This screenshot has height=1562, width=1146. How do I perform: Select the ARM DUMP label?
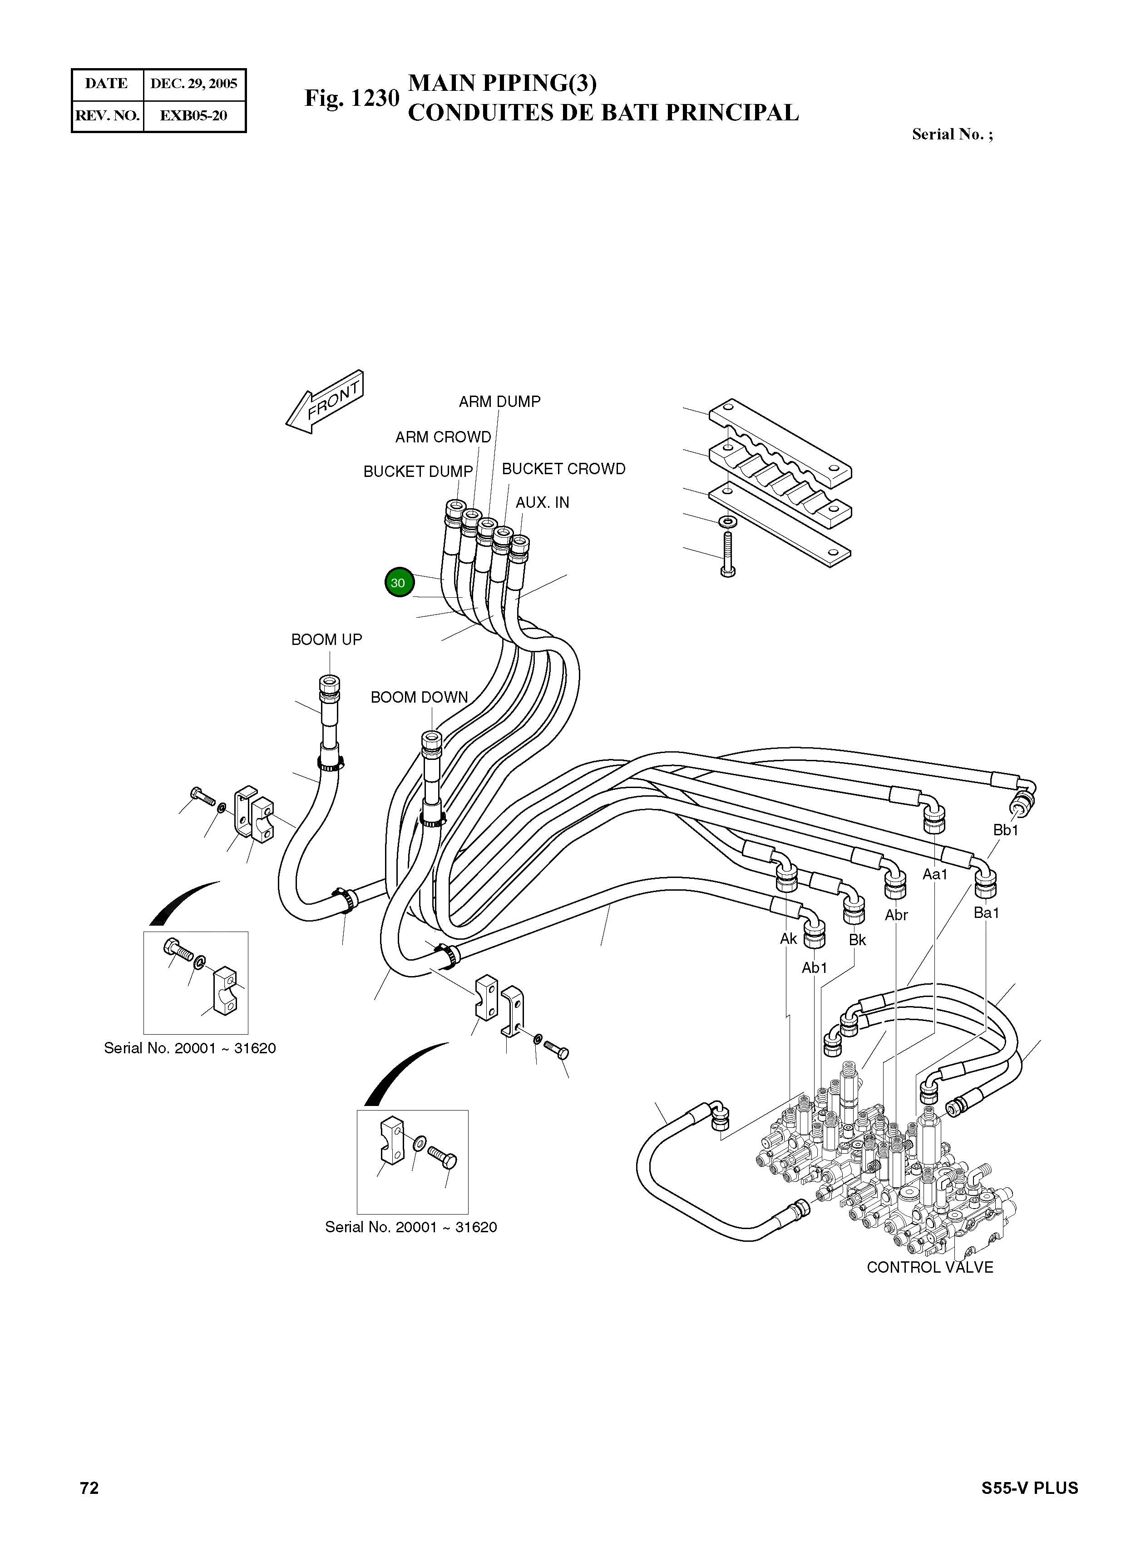click(499, 402)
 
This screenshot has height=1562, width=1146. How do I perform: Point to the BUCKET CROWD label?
click(563, 469)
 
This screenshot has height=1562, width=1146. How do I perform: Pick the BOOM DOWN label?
click(419, 697)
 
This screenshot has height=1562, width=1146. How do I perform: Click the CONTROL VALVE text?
click(929, 1268)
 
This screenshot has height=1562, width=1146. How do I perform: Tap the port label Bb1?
click(1005, 830)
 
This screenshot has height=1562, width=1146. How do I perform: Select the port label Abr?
click(896, 915)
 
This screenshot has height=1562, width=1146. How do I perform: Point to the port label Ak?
click(788, 939)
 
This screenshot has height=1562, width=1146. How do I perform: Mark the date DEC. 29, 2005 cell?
click(193, 84)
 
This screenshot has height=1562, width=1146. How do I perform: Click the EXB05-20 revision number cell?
click(193, 116)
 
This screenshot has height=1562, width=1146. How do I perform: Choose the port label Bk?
click(857, 940)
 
